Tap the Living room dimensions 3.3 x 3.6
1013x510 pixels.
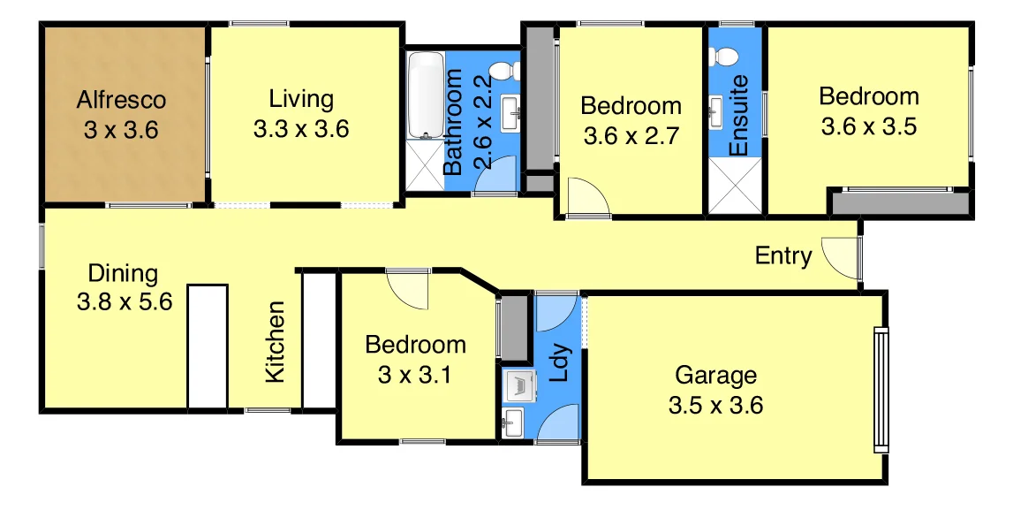[301, 129]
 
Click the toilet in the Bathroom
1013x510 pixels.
[503, 70]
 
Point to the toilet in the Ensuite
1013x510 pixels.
[727, 55]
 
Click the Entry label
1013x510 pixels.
[783, 256]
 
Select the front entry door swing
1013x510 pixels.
[842, 255]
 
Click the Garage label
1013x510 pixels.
[715, 375]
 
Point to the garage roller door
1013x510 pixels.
[880, 390]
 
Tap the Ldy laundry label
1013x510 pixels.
[558, 363]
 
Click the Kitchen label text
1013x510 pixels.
[276, 342]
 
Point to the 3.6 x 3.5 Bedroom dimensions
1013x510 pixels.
[869, 126]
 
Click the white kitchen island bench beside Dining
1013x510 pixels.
[208, 346]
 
